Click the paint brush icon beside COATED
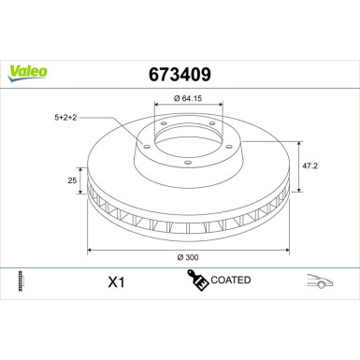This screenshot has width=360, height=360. coord(197,280)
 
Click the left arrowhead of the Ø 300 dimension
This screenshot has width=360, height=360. coord(91,249)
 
